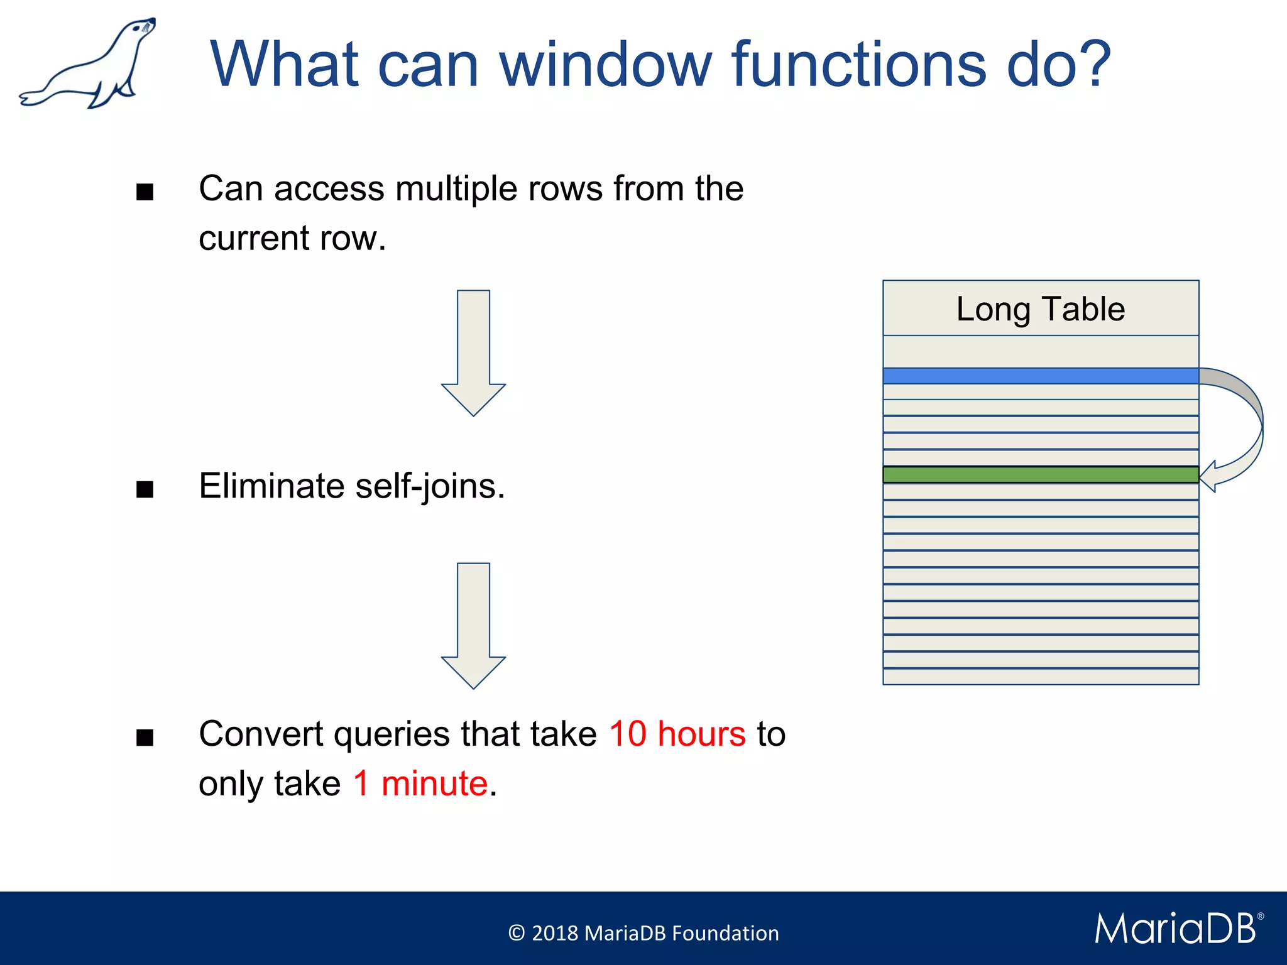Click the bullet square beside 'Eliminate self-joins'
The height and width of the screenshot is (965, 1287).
[x=145, y=489]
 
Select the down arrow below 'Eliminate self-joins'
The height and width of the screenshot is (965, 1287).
[x=473, y=625]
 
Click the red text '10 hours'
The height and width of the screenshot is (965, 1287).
[x=677, y=733]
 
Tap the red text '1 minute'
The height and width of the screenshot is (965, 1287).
[x=420, y=783]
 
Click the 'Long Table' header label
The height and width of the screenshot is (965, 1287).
[x=1040, y=308]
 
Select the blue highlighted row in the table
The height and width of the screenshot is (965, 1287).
[x=1040, y=376]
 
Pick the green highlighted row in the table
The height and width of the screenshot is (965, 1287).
[x=1040, y=474]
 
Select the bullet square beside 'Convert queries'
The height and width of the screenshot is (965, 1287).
[x=145, y=737]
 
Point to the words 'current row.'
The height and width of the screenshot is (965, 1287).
[x=292, y=238]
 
